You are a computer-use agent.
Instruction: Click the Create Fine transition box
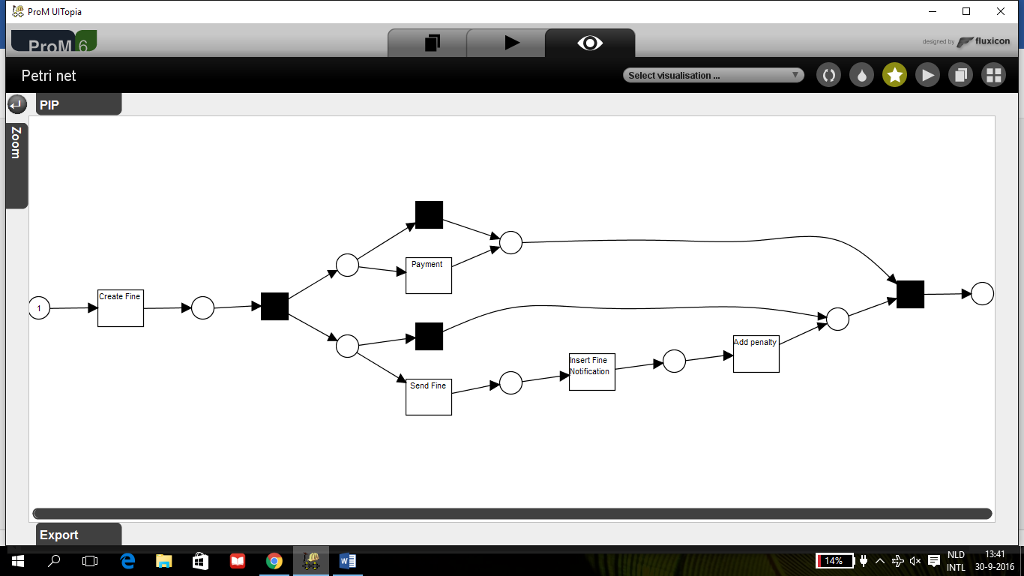coord(120,307)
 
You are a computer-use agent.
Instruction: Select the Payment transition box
coord(428,275)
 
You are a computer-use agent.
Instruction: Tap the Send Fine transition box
coord(428,397)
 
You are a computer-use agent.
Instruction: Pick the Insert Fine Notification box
coord(591,371)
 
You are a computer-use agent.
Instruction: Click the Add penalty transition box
coord(756,353)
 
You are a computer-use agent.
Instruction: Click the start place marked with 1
coord(39,307)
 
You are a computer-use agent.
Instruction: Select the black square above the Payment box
coord(429,214)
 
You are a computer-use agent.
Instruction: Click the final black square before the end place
coord(910,294)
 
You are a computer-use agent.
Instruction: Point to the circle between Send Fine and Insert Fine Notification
coord(511,382)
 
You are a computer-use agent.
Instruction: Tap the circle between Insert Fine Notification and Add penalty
coord(674,361)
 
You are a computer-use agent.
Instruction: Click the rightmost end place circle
coord(982,293)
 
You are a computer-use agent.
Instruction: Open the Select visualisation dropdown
coord(713,75)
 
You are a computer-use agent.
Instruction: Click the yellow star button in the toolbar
coord(894,75)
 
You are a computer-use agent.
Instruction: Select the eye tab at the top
coord(590,43)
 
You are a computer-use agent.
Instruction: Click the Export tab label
coord(59,535)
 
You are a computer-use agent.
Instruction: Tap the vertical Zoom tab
coord(16,142)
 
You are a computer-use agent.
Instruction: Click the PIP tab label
coord(50,105)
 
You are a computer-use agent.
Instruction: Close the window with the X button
coord(1000,11)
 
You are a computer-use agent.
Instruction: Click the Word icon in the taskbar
coord(348,560)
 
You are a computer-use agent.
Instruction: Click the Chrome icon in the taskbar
coord(274,560)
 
